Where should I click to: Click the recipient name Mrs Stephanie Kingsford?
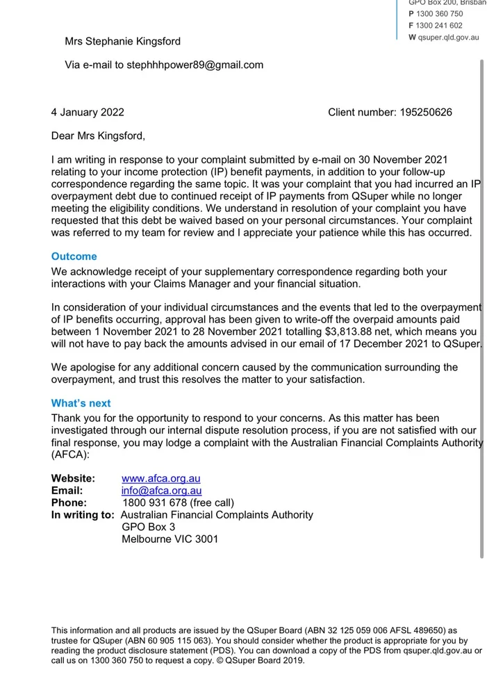(122, 41)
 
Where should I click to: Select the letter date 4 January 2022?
(88, 112)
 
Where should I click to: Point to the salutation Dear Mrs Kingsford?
(98, 136)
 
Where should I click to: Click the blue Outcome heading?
(74, 256)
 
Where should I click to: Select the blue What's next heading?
(81, 403)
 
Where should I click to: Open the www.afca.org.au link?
(161, 479)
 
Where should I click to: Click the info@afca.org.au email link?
(161, 491)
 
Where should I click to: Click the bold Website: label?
(73, 479)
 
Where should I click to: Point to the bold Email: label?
(67, 491)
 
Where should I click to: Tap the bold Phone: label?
(69, 502)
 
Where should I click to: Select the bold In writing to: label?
(83, 514)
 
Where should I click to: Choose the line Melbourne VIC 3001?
(170, 539)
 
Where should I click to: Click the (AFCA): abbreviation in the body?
(71, 455)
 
